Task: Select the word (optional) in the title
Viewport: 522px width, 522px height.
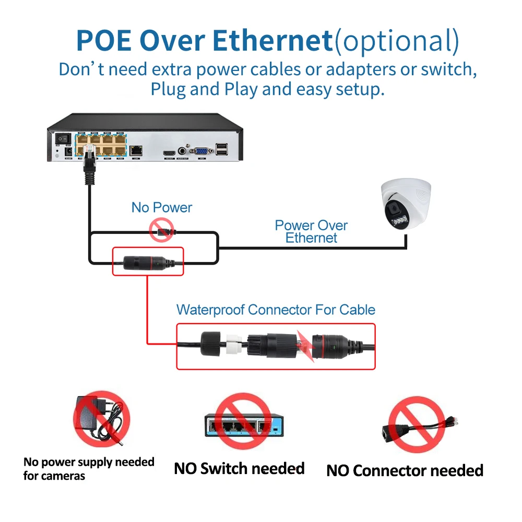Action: point(397,40)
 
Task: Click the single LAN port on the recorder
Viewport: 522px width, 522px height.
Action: point(137,150)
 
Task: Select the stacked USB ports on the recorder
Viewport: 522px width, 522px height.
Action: point(222,149)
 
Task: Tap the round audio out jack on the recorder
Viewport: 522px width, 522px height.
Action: point(183,150)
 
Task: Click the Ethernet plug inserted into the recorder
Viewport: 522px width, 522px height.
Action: point(87,159)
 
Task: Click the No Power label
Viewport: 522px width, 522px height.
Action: point(162,207)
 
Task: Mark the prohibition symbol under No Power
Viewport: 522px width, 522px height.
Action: point(161,230)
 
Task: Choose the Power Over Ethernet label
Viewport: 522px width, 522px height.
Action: point(312,232)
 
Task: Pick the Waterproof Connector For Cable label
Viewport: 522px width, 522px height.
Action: point(276,310)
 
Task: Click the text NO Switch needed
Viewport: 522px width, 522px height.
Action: point(239,468)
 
